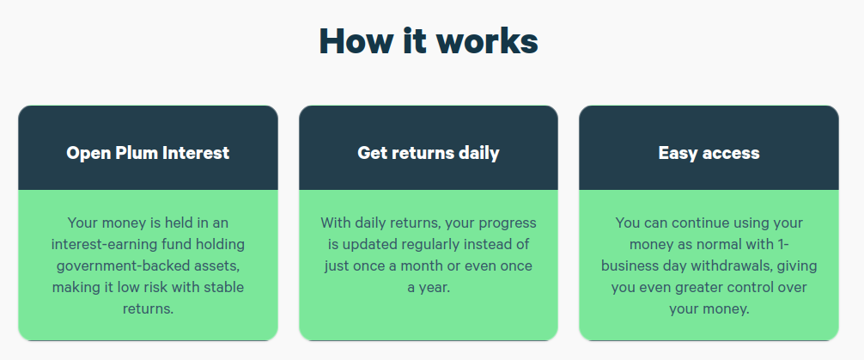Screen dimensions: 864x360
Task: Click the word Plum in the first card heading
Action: click(x=130, y=153)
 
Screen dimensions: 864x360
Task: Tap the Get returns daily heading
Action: click(x=429, y=153)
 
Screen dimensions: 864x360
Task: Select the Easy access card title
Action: click(x=709, y=153)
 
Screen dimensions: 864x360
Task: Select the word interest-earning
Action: click(x=102, y=245)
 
